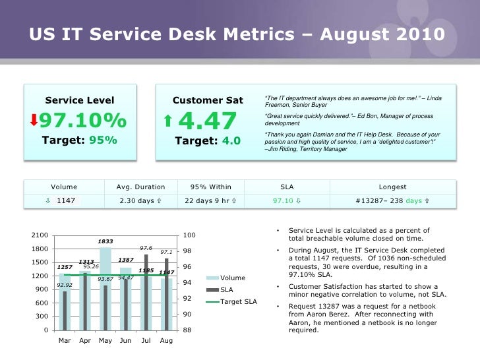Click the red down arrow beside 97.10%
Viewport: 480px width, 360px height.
[x=34, y=121]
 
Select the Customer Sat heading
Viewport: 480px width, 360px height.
[x=208, y=100]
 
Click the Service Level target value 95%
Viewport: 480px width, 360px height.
[x=104, y=140]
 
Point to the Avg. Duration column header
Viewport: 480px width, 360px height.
[x=135, y=187]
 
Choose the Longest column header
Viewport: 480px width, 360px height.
[x=393, y=187]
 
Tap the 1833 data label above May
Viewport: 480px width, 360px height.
[x=105, y=241]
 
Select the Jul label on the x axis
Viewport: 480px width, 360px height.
[x=146, y=341]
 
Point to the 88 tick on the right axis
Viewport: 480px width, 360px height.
[x=187, y=330]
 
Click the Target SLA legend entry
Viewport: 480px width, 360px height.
[x=239, y=301]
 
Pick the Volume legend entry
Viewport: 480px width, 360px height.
[x=232, y=278]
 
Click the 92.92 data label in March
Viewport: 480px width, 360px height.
[x=65, y=285]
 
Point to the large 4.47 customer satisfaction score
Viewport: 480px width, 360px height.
[x=207, y=121]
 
